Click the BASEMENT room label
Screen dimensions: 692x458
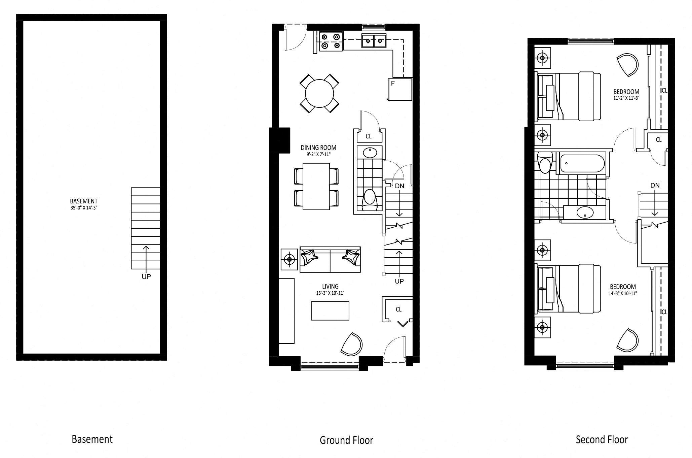pyautogui.click(x=84, y=201)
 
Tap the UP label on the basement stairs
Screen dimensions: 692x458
pyautogui.click(x=146, y=276)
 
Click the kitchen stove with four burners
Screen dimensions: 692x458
pyautogui.click(x=331, y=41)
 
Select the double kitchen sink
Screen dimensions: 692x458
pyautogui.click(x=374, y=41)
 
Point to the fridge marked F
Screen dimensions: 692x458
pyautogui.click(x=400, y=89)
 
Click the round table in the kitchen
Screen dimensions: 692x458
pyautogui.click(x=319, y=93)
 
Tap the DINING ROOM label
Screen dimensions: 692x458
pyautogui.click(x=318, y=148)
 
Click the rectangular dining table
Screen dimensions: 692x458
pyautogui.click(x=316, y=186)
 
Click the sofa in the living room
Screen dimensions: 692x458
pyautogui.click(x=330, y=260)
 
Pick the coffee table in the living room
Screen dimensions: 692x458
pyautogui.click(x=330, y=310)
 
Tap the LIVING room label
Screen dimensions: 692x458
pyautogui.click(x=331, y=287)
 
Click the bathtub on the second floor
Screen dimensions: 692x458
pyautogui.click(x=582, y=164)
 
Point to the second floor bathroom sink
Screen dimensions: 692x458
pyautogui.click(x=585, y=212)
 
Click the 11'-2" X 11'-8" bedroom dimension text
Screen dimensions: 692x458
pyautogui.click(x=626, y=98)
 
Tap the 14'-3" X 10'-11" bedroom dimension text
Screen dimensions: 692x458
pyautogui.click(x=623, y=293)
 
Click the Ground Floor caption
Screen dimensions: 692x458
pyautogui.click(x=346, y=440)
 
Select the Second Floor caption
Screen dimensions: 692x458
pyautogui.click(x=602, y=439)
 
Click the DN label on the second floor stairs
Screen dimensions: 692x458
pyautogui.click(x=655, y=185)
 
